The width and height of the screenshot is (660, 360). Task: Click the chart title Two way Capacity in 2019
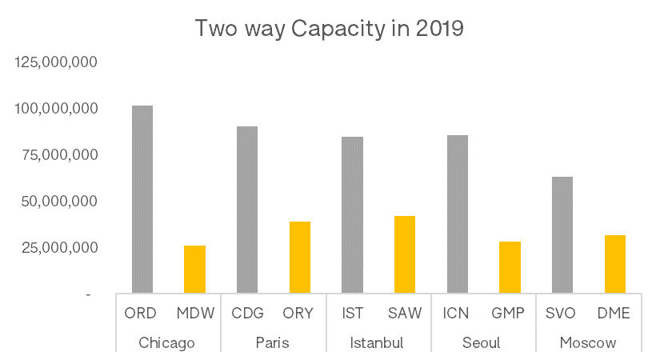pos(330,29)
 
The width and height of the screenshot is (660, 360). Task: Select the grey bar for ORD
pos(142,199)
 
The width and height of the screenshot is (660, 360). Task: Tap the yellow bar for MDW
pos(194,269)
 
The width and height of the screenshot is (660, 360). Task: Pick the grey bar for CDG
pos(247,210)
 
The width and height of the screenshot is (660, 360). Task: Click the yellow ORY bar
pos(300,257)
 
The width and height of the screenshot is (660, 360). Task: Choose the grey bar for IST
pos(352,214)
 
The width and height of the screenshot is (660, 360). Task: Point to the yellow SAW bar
pos(405,254)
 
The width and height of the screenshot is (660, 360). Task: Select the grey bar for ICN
pos(458,214)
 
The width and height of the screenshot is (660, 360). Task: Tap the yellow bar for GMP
pos(510,267)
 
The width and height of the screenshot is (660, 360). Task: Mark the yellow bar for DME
pos(614,264)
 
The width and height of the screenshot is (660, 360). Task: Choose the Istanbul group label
pos(377,343)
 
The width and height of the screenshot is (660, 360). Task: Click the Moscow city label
pos(588,343)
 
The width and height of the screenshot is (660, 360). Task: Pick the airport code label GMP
pos(509,314)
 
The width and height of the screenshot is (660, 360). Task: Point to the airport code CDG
pos(246,314)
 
